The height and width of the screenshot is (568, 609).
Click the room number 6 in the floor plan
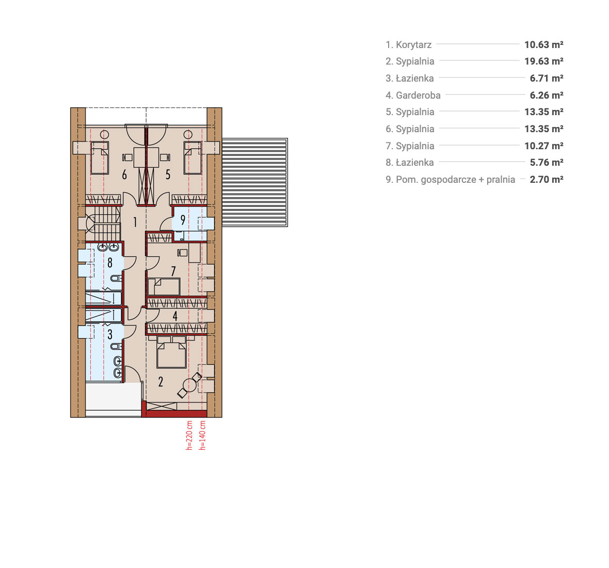(x=124, y=175)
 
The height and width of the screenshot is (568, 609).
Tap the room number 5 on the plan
(x=168, y=175)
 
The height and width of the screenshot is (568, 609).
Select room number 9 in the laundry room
(x=183, y=220)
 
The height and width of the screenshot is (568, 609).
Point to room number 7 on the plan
(x=173, y=271)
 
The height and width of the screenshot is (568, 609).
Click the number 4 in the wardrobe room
(x=175, y=316)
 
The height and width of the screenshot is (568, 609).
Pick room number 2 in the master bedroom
(x=161, y=382)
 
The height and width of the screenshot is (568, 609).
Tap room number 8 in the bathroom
(x=110, y=263)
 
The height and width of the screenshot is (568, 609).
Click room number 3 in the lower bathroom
(x=110, y=334)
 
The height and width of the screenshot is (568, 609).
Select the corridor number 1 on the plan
(x=135, y=222)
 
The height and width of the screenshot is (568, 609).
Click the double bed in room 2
(x=171, y=352)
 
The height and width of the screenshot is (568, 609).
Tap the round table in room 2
(x=189, y=385)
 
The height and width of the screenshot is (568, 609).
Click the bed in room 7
(x=164, y=287)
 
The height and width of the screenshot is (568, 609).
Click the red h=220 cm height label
(x=189, y=435)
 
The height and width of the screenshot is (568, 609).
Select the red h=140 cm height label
(x=202, y=435)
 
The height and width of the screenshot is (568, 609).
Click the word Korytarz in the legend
(x=413, y=45)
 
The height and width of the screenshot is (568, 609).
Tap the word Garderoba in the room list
(x=418, y=95)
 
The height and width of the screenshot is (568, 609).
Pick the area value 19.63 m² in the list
(x=544, y=61)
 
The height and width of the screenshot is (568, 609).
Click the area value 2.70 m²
(x=547, y=180)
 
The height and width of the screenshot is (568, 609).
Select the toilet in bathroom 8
(x=116, y=278)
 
